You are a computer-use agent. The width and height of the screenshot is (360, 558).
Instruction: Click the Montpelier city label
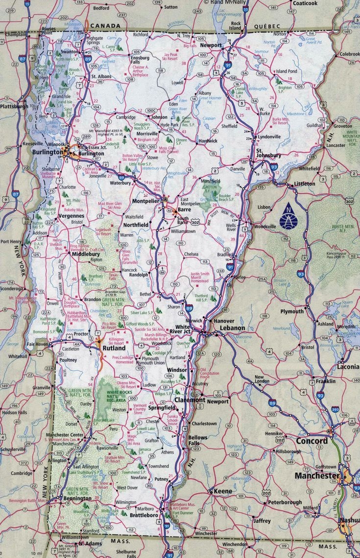(146, 201)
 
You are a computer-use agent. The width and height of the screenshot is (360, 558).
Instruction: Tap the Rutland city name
(113, 349)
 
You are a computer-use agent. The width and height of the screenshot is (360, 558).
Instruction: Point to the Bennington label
(77, 499)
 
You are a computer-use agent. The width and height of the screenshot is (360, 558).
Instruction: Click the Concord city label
(312, 441)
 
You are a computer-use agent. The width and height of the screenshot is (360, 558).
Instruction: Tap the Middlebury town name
(86, 255)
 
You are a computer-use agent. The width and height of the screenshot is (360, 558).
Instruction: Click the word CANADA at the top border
(105, 25)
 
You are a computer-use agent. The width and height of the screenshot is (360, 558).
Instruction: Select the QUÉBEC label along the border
(267, 25)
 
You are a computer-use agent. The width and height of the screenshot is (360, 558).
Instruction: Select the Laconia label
(348, 367)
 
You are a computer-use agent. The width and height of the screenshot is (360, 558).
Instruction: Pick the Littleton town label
(304, 184)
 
